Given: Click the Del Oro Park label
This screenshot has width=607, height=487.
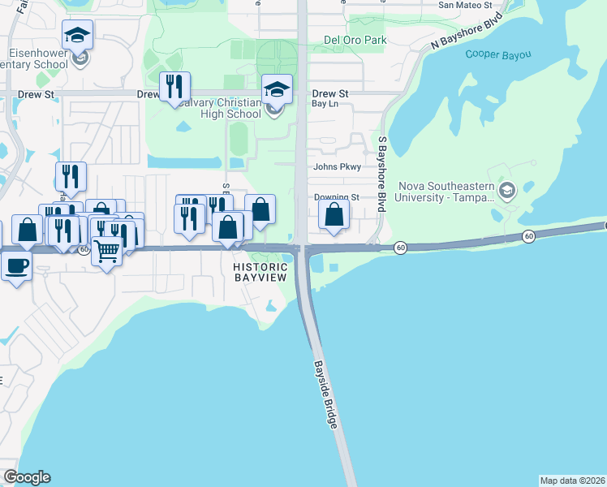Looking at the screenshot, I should point(355,39).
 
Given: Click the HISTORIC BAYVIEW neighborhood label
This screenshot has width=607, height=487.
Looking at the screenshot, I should point(260,273).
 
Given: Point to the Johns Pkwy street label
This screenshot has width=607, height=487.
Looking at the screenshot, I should point(337,167).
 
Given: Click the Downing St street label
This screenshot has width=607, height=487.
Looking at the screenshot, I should point(337,197).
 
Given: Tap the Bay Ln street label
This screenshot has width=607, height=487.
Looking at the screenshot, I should point(325,104).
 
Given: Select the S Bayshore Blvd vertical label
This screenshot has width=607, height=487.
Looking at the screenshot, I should point(381,175).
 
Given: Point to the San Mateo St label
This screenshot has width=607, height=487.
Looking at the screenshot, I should point(465,5).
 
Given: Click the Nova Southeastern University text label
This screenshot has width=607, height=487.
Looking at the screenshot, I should point(446,192).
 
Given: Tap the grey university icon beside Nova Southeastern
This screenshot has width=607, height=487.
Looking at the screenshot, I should point(508,192).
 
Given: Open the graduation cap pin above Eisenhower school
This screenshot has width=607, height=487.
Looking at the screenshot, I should point(77,35).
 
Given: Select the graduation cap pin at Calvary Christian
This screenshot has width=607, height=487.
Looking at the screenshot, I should point(277,89).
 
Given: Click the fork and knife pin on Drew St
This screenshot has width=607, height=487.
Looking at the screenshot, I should point(174,86).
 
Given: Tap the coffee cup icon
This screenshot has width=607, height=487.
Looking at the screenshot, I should point(16,265).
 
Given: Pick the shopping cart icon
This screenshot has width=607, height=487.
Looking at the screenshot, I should point(106,251).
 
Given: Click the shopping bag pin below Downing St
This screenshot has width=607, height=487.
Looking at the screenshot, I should point(334,215).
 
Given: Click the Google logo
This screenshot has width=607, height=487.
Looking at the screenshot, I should point(27,477).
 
